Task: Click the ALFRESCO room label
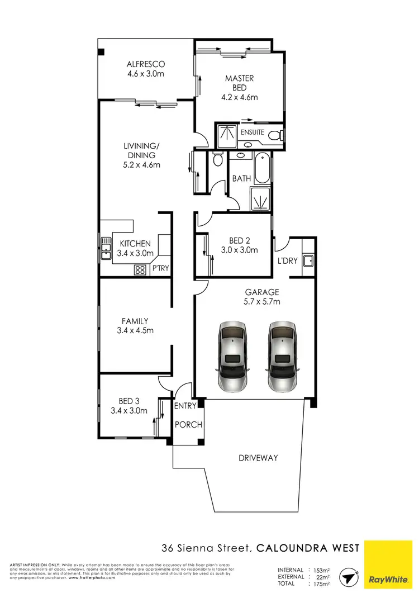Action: click(x=145, y=64)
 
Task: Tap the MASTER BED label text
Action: click(x=240, y=83)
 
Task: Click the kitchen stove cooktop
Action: click(x=140, y=269)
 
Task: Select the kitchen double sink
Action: click(x=106, y=248)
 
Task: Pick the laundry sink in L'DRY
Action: click(x=307, y=260)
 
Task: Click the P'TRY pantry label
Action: click(x=160, y=269)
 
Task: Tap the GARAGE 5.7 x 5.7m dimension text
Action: click(x=263, y=302)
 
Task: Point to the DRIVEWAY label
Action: click(x=258, y=458)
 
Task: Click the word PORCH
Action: click(x=188, y=425)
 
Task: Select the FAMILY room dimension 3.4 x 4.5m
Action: click(x=135, y=330)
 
